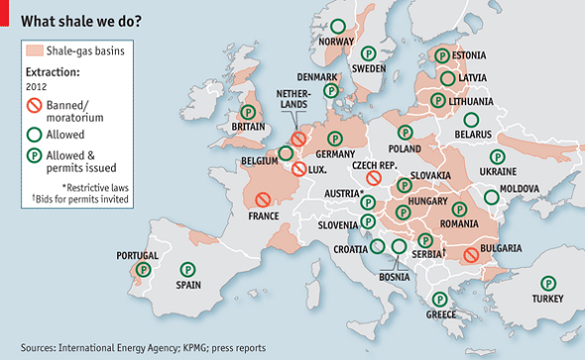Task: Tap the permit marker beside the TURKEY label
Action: pos(546,283)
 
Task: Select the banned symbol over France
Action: pos(263,200)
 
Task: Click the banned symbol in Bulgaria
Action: pos(472,255)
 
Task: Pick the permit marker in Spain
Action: pos(187,269)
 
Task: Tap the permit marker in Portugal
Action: pos(144,270)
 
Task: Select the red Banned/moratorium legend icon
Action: pos(35,104)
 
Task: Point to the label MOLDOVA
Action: pos(519,188)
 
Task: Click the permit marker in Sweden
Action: pos(368,54)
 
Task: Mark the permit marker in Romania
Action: pos(459,209)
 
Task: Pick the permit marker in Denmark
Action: pos(331,90)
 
